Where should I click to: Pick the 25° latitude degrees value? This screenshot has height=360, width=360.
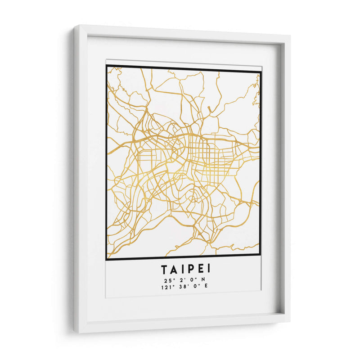pos(167,279)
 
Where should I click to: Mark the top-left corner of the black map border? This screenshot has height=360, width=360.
pos(107,66)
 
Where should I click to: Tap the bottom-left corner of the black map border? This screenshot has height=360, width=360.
pos(107,259)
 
